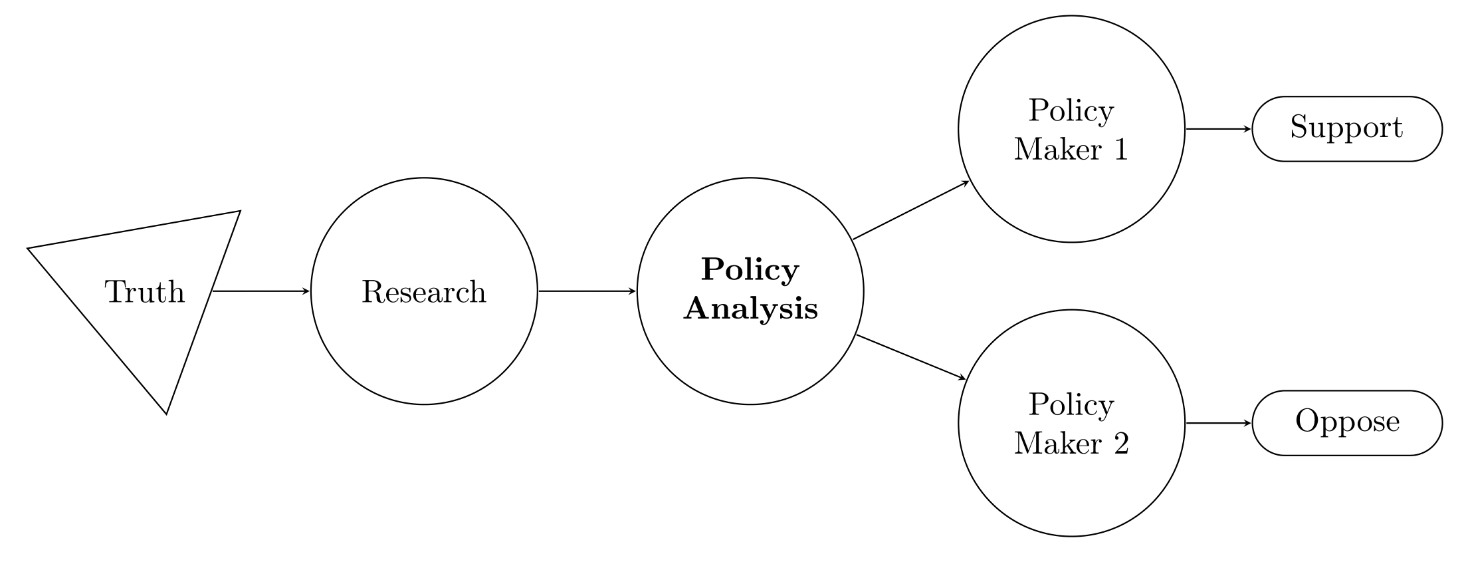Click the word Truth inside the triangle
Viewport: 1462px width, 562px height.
[x=145, y=292]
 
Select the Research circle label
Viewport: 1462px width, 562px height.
[x=424, y=292]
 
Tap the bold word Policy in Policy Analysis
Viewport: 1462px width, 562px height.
[x=750, y=270]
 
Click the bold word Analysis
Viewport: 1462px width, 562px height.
[x=750, y=309]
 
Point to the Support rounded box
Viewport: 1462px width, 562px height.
[x=1347, y=128]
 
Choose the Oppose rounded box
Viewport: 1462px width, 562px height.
[x=1347, y=422]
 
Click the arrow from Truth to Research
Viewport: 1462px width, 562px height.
[x=261, y=291]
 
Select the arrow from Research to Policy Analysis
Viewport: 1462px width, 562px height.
[x=587, y=291]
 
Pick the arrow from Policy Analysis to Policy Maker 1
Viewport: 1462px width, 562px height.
[x=910, y=210]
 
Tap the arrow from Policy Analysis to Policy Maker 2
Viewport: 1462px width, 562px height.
[x=910, y=357]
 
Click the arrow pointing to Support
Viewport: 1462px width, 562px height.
[x=1218, y=129]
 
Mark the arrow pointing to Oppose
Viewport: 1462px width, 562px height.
[x=1218, y=423]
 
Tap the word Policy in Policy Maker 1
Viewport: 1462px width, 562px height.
[x=1071, y=111]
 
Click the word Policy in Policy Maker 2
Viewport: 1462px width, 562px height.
[x=1071, y=405]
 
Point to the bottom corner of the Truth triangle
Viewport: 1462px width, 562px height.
[x=166, y=413]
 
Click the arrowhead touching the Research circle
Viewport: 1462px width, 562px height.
[x=306, y=291]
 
